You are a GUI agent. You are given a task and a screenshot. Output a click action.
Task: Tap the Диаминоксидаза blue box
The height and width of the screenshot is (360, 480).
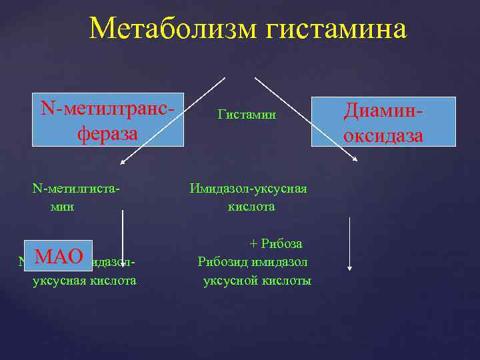pos(383,122)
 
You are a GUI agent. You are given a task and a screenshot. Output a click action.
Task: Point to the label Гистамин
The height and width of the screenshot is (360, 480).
pos(247,115)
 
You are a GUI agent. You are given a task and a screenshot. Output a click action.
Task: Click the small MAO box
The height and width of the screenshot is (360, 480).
pos(59,257)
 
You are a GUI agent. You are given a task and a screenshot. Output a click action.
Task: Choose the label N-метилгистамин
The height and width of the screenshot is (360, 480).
pos(77,197)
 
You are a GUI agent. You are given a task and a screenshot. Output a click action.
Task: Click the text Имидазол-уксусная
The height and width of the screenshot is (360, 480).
pos(248,189)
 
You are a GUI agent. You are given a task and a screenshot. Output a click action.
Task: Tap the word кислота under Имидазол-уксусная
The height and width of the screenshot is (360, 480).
pos(251,207)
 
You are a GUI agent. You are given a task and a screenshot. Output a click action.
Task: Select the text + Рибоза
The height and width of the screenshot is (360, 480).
pos(276,243)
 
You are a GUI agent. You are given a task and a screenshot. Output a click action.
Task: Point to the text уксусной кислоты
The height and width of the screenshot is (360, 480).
pos(257,281)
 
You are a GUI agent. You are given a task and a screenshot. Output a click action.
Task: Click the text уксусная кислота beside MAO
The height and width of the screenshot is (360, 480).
pos(85,281)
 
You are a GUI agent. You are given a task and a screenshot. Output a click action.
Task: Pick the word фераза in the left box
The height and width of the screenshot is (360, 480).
pos(108,133)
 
